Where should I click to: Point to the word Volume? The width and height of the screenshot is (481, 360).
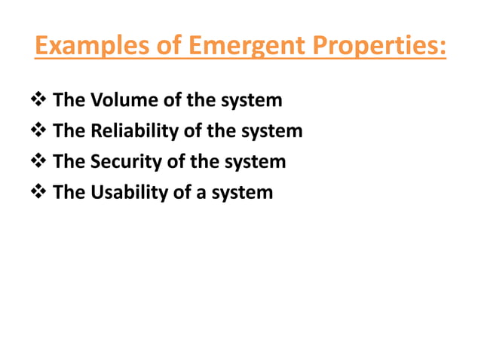tap(121, 100)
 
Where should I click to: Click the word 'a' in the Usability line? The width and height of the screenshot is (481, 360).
tap(198, 192)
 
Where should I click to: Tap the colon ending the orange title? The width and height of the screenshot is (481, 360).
tap(442, 49)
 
